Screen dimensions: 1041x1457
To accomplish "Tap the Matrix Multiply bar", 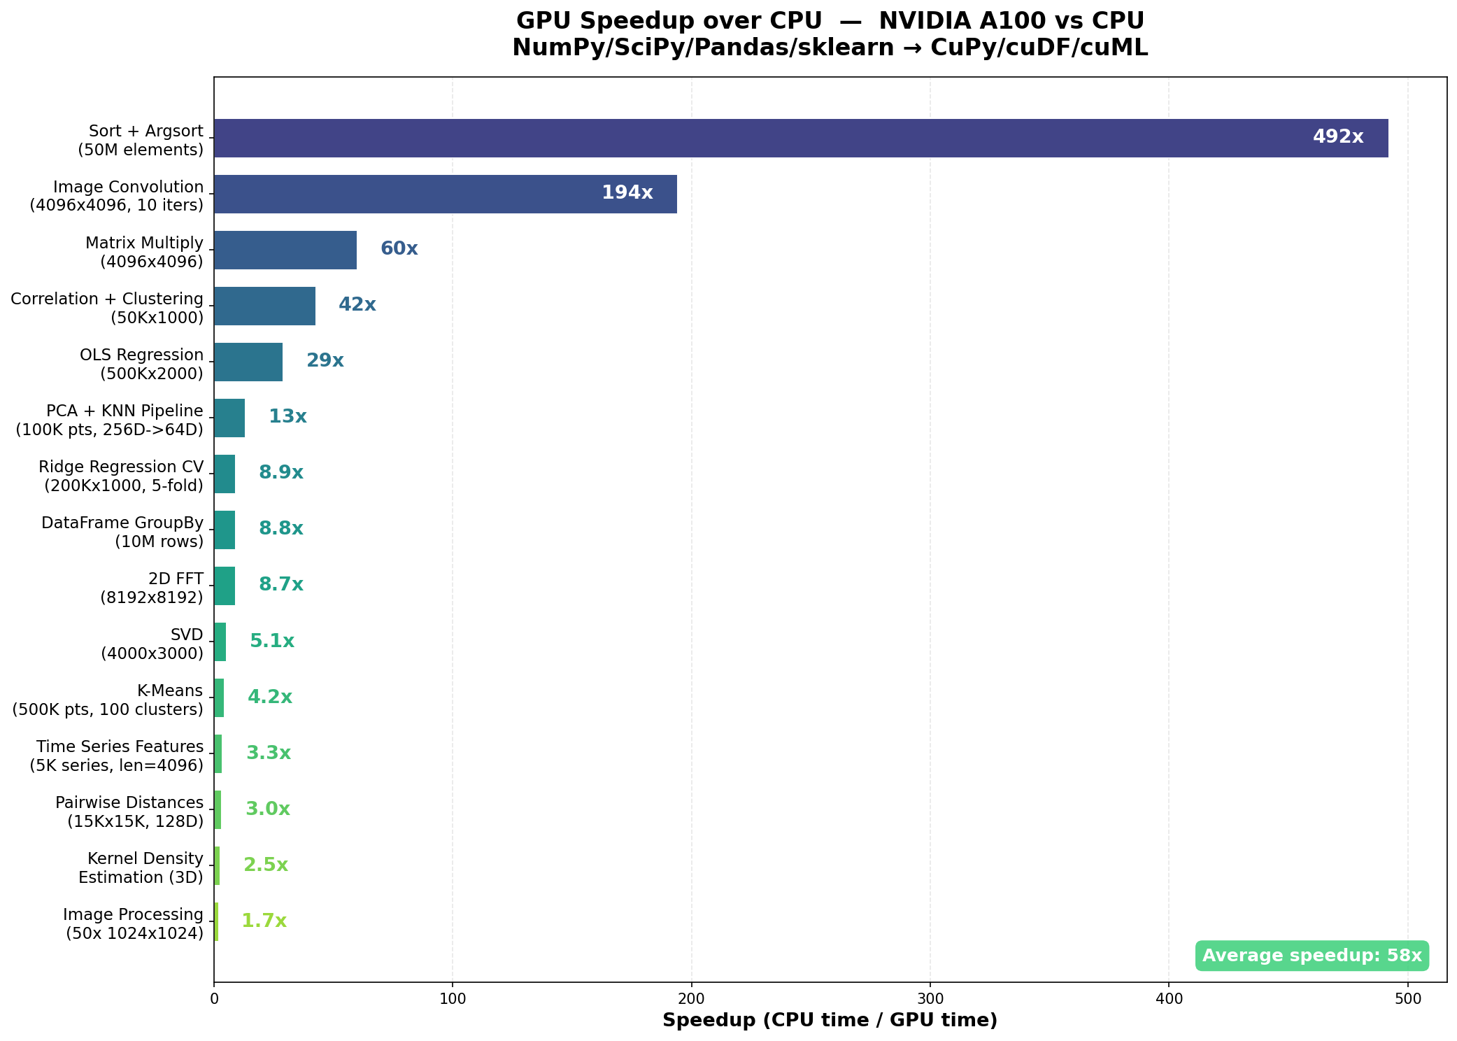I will [x=285, y=250].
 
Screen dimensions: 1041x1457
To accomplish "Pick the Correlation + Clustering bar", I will [x=264, y=306].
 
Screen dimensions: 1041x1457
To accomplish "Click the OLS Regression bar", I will [x=248, y=362].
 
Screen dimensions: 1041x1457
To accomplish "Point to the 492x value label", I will [x=1337, y=137].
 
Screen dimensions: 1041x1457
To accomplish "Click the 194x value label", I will [x=627, y=193].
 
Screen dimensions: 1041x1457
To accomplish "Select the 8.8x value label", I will [x=280, y=529].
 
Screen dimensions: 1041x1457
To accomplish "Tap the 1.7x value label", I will [x=264, y=921].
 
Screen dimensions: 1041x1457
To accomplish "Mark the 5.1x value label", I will [x=271, y=642].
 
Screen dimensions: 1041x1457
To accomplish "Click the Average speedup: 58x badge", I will [x=1312, y=956].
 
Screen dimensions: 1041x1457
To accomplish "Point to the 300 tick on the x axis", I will [x=930, y=999].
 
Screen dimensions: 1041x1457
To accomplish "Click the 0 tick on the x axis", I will [x=214, y=999].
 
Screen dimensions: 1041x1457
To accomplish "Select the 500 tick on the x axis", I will [x=1407, y=999].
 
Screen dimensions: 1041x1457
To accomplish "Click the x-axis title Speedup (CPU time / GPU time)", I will [x=830, y=1021].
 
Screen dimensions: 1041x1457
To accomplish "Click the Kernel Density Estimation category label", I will [x=141, y=867].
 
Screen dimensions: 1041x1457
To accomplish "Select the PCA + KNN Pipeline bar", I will [x=229, y=418].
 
